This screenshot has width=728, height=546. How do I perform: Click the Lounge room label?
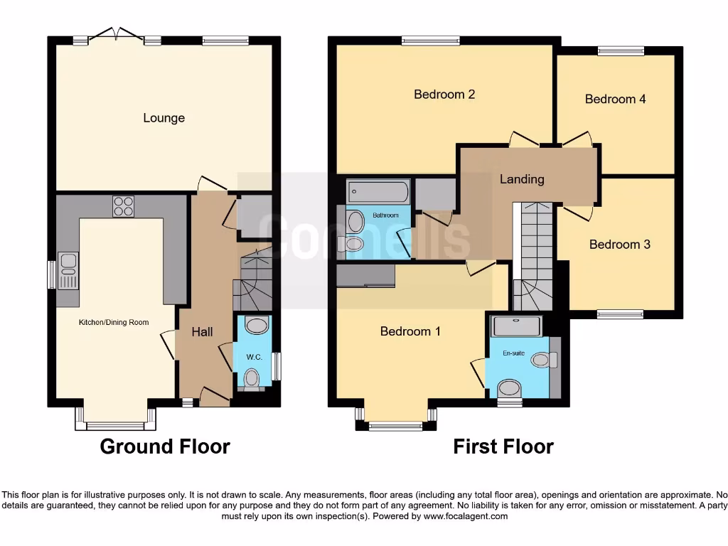[x=164, y=118]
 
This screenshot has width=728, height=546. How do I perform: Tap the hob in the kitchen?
[x=123, y=205]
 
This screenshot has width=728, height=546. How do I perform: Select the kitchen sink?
[x=69, y=271]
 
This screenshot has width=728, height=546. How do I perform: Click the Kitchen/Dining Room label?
[x=114, y=322]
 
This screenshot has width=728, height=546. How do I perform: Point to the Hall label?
[x=202, y=332]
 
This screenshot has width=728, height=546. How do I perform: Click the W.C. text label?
[x=255, y=357]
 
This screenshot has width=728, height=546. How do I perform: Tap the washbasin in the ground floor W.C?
[x=255, y=326]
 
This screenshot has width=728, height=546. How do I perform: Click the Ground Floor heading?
[x=165, y=446]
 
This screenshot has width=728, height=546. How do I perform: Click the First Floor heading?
[x=503, y=446]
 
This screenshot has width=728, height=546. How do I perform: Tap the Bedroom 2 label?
[x=444, y=94]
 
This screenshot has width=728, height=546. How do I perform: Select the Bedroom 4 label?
[x=615, y=99]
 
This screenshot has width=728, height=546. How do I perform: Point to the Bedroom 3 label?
[x=619, y=244]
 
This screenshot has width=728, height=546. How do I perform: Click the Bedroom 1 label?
[x=410, y=331]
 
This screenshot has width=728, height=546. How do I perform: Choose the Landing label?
[x=522, y=179]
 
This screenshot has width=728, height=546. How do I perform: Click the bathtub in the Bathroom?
[x=378, y=192]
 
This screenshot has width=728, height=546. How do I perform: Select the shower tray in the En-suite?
[x=517, y=326]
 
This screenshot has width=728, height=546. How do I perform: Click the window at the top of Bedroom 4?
[x=621, y=50]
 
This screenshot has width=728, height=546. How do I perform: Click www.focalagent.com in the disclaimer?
[x=465, y=516]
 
